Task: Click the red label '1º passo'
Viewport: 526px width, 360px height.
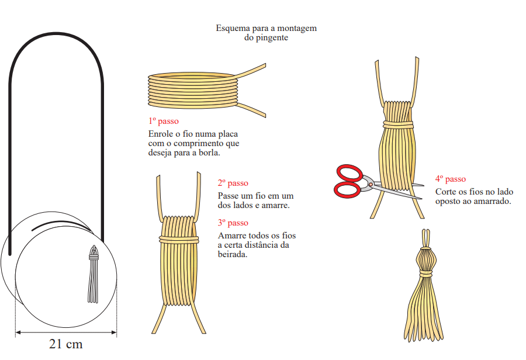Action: [x=164, y=121]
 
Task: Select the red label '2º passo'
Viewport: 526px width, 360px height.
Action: [x=233, y=183]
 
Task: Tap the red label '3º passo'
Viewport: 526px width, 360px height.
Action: [x=233, y=223]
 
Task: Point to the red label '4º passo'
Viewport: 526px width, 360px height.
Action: [x=451, y=179]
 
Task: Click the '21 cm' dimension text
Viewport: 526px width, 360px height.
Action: [x=65, y=344]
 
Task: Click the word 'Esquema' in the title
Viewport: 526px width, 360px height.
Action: [x=232, y=28]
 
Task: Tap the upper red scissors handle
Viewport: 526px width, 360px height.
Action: [x=349, y=174]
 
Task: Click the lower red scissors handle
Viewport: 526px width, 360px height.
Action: [x=347, y=190]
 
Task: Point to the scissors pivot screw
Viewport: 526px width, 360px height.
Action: [x=371, y=184]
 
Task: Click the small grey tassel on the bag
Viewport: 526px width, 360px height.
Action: [x=94, y=274]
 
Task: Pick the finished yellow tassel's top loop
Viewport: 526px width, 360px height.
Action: [x=426, y=238]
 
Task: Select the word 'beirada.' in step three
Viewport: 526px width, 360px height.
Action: [x=233, y=254]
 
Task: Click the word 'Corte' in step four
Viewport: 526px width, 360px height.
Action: [x=446, y=192]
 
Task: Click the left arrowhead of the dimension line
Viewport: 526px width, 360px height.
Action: [x=18, y=333]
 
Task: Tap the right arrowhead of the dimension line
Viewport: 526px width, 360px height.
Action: [x=114, y=333]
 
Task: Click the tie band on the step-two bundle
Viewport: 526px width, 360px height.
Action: [x=179, y=239]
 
